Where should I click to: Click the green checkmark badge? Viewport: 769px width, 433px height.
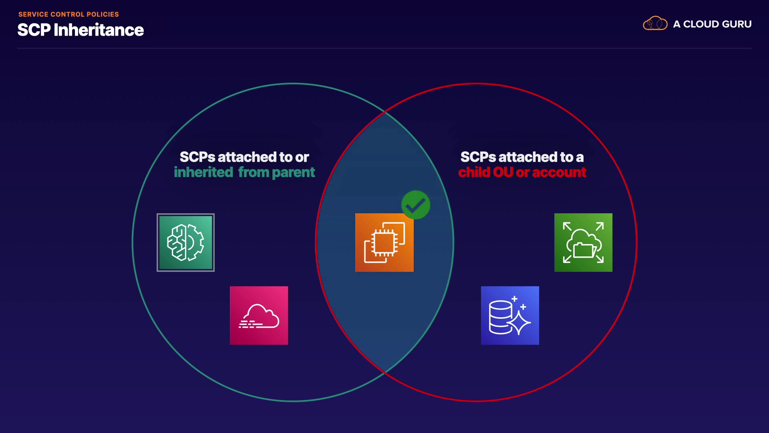click(416, 205)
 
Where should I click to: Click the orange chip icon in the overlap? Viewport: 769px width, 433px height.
click(384, 243)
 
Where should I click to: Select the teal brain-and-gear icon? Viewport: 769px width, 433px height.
click(185, 243)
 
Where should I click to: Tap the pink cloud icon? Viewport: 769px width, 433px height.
click(259, 316)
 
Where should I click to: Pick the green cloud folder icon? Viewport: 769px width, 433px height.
click(583, 243)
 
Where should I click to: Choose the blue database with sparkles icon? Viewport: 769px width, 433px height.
click(510, 316)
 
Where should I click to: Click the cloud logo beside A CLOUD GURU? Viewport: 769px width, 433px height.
click(655, 24)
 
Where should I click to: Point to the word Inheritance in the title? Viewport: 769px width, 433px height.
click(99, 30)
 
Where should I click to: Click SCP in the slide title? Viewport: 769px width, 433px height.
click(34, 30)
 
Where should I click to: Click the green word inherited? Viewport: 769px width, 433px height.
click(203, 172)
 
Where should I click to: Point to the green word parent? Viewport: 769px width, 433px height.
click(293, 172)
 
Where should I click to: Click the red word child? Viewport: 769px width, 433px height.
click(474, 172)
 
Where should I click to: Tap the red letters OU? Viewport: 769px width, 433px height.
click(503, 172)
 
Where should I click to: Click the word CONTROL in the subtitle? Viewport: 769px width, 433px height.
click(67, 14)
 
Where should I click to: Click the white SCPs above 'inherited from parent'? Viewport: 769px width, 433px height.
click(197, 157)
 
